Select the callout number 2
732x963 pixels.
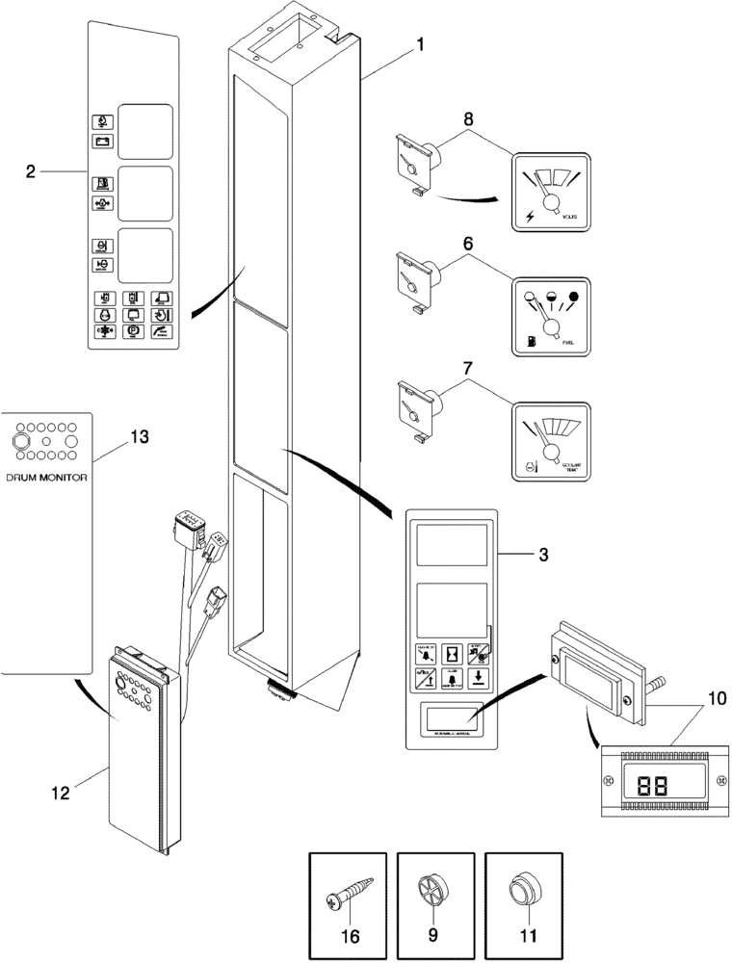tap(32, 171)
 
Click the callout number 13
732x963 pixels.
tap(140, 438)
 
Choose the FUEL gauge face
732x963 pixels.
tap(549, 318)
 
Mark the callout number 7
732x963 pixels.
tap(467, 369)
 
